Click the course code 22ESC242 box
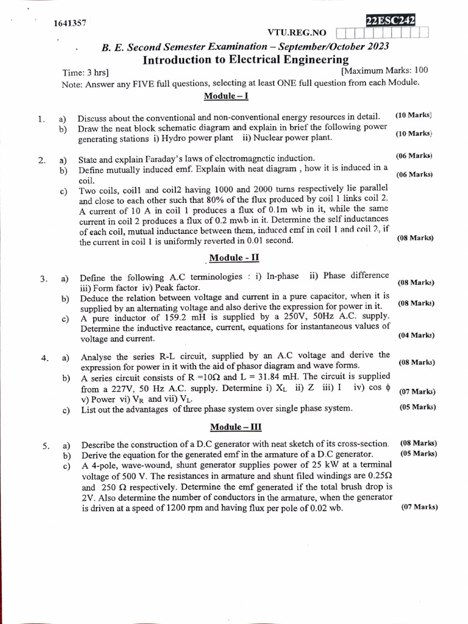(x=391, y=21)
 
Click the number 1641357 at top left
(x=70, y=24)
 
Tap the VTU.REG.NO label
(x=297, y=32)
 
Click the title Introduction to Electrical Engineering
(x=246, y=60)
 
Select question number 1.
(x=41, y=119)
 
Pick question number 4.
(x=44, y=358)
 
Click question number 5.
(x=46, y=446)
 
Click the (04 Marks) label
(x=416, y=335)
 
